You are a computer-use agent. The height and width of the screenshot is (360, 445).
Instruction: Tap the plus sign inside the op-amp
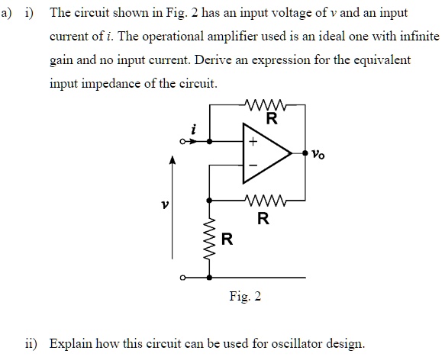pyautogui.click(x=252, y=142)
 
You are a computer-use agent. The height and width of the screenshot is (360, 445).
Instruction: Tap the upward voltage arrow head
pyautogui.click(x=173, y=161)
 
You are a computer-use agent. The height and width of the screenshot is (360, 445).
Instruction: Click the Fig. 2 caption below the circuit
pyautogui.click(x=244, y=297)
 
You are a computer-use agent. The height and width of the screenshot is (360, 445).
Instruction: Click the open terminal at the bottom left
pyautogui.click(x=182, y=278)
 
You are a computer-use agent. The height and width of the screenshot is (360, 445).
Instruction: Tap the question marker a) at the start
pyautogui.click(x=11, y=13)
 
